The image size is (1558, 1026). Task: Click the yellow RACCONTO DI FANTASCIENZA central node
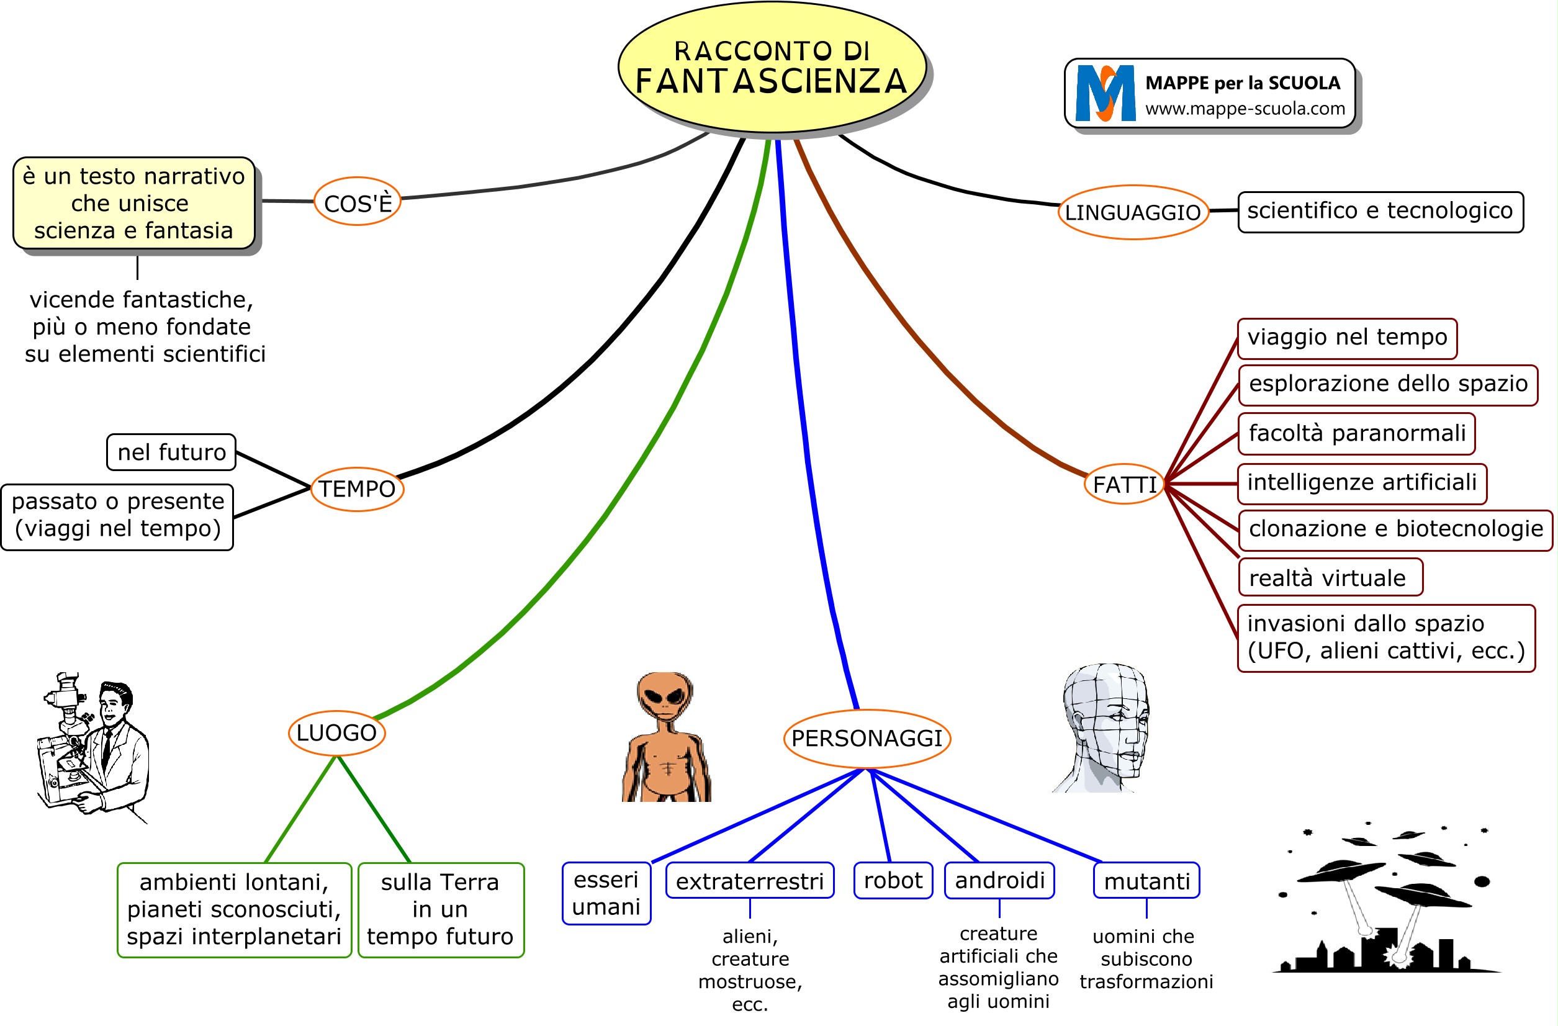(x=772, y=68)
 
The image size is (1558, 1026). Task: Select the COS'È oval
(x=358, y=202)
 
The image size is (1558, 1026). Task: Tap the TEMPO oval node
(x=357, y=489)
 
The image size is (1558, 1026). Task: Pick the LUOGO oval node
(x=336, y=732)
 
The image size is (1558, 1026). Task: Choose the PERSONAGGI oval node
(x=867, y=739)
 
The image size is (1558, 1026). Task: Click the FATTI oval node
(x=1125, y=485)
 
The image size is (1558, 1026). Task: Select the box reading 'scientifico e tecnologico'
(x=1380, y=212)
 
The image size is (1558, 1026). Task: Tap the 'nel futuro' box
(x=171, y=452)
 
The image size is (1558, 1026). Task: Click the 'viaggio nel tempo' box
(x=1346, y=338)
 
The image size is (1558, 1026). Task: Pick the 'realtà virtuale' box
(x=1330, y=578)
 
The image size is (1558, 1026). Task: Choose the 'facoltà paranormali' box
(x=1356, y=433)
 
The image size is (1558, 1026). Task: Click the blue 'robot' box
(x=893, y=881)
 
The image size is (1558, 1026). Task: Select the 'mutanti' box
(x=1146, y=881)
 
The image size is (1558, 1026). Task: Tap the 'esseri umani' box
(x=606, y=893)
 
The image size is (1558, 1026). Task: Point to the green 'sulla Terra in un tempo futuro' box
(x=441, y=909)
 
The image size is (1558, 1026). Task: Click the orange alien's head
(x=664, y=696)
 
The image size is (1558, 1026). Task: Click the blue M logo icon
(x=1105, y=94)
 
